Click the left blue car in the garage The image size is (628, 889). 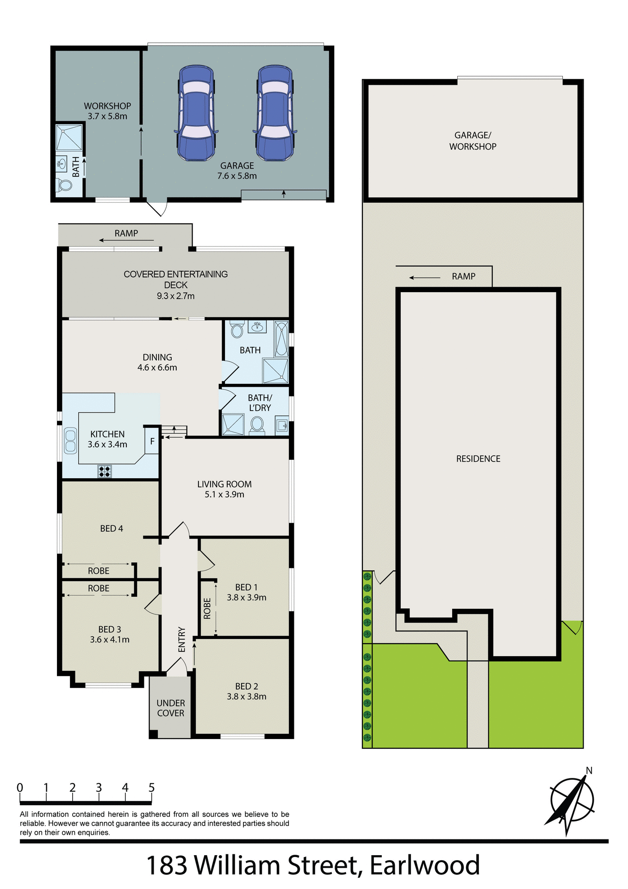196,113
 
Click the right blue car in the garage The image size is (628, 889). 275,113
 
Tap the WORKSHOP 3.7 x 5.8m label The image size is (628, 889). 107,111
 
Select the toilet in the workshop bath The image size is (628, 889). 65,185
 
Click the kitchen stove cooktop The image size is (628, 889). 105,471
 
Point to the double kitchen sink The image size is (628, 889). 70,441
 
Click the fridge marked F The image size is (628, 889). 152,442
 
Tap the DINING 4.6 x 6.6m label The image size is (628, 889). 157,362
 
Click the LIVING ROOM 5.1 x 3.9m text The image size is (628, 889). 224,489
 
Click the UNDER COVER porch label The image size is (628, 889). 171,708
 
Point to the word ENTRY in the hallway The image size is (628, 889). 181,639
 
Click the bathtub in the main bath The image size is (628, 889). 281,339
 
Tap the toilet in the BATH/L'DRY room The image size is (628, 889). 257,424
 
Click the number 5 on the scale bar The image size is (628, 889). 151,788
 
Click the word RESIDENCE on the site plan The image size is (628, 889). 478,458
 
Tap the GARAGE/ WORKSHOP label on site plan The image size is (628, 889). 473,141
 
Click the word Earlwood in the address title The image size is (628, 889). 424,865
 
